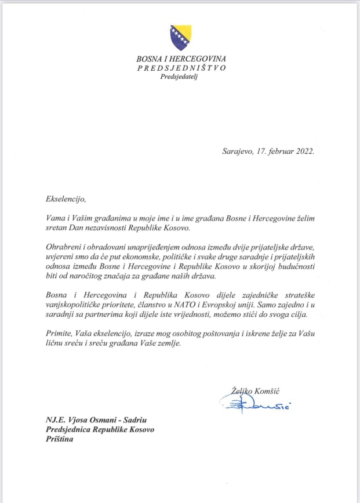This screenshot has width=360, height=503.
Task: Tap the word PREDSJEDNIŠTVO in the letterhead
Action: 181,68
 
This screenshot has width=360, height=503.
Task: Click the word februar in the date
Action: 274,151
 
